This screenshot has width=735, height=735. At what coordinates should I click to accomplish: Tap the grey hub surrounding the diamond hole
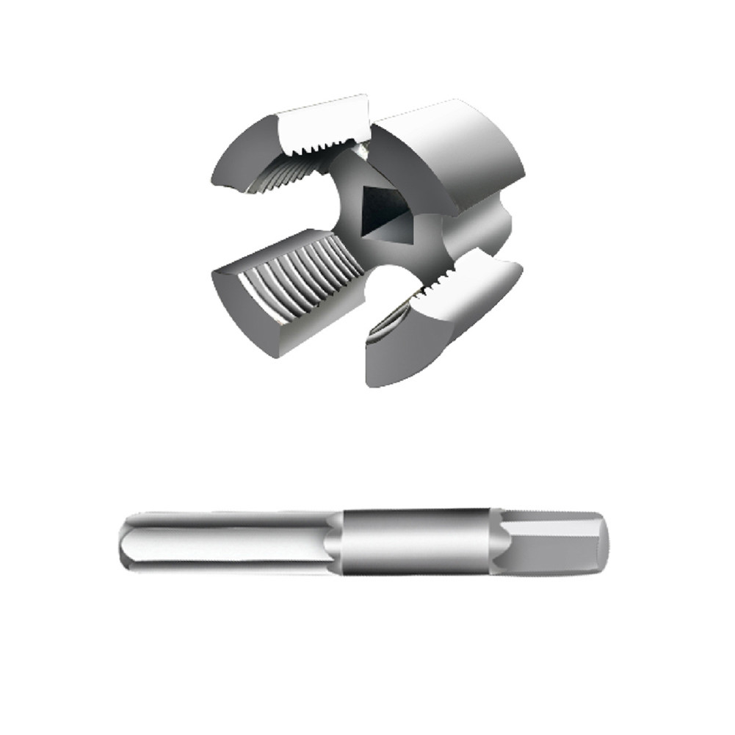[345, 220]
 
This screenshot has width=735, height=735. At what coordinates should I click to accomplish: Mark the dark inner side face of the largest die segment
[411, 184]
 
